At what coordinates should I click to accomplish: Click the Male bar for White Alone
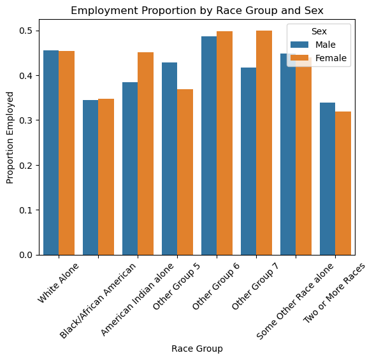[x=51, y=153]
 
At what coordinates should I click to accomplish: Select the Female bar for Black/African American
[x=106, y=176]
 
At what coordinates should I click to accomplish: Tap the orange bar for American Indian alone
[x=146, y=154]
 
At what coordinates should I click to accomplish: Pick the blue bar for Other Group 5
[x=169, y=159]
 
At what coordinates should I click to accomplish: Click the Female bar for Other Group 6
[x=225, y=143]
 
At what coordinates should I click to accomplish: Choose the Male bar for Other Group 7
[x=248, y=161]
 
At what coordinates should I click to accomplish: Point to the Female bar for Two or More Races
[x=343, y=184]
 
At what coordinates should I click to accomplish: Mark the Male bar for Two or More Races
[x=327, y=179]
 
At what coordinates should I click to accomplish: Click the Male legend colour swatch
[x=299, y=45]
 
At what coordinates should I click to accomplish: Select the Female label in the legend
[x=331, y=58]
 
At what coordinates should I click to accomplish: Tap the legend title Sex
[x=319, y=31]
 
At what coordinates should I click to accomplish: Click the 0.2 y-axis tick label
[x=25, y=165]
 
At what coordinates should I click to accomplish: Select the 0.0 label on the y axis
[x=25, y=255]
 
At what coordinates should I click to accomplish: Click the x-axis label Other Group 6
[x=215, y=286]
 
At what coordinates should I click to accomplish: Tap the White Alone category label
[x=58, y=283]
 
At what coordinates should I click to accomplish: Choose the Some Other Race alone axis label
[x=295, y=301]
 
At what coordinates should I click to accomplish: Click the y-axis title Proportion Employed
[x=10, y=138]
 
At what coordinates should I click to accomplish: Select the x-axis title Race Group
[x=197, y=349]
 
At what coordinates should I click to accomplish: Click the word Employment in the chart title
[x=104, y=11]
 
